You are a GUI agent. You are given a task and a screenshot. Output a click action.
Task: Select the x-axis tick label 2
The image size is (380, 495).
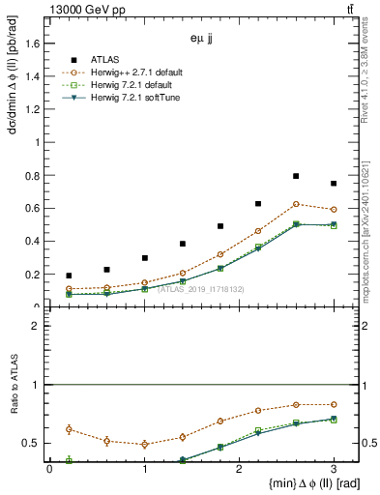[x=240, y=469]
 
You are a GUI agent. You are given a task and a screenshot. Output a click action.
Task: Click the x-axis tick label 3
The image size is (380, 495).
[x=334, y=469]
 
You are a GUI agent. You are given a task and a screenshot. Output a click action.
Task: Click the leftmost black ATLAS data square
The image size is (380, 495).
[x=69, y=276]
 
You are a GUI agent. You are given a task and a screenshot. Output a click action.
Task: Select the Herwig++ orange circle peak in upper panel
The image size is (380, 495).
[x=296, y=204]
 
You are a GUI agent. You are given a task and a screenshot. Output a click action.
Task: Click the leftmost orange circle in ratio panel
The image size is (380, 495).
[x=69, y=429]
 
